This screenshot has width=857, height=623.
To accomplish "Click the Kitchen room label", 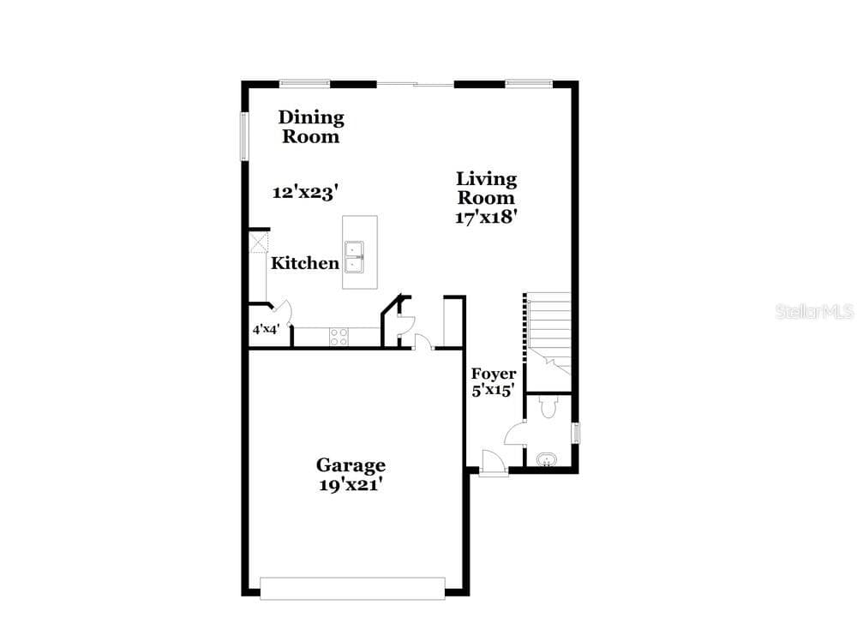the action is coord(305,263).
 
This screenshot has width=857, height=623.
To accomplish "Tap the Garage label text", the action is coord(351,465).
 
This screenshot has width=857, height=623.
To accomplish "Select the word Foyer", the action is coord(494,374).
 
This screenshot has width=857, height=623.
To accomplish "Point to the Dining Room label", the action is coord(311,127).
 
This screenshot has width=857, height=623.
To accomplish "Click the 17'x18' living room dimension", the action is coord(486,217).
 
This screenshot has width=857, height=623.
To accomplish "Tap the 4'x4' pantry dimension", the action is coord(267,330).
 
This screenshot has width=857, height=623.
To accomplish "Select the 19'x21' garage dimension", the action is coord(350,485).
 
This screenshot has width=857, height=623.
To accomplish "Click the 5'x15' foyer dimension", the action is coord(494,390).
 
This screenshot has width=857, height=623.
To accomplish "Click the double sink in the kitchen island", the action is coord(354,257).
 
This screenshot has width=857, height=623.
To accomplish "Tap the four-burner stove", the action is coord(339,337).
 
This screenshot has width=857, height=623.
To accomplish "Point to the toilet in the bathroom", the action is coord(547,407).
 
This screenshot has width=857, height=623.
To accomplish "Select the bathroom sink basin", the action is coord(546,459).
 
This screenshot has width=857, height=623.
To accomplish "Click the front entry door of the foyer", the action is coord(494,464).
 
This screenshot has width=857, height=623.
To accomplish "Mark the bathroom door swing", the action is coord(514,434).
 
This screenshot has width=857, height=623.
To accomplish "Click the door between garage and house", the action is coord(424,342).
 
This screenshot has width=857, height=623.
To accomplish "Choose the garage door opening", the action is coord(352,588).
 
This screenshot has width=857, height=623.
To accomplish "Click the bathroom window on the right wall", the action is coord(576,433).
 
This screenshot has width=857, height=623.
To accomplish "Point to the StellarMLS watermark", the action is coord(814,312).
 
